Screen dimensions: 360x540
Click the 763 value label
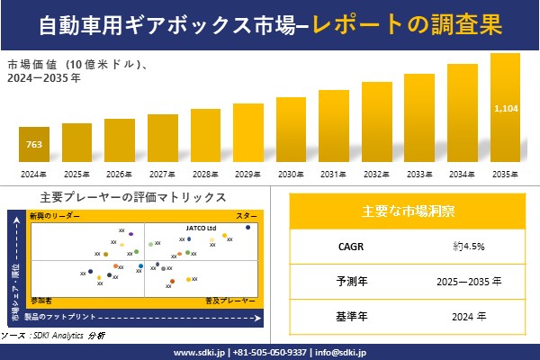point(33,143)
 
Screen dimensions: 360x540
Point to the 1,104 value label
point(505,109)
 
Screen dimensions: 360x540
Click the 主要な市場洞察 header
point(408,211)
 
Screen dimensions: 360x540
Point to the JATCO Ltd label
point(202,228)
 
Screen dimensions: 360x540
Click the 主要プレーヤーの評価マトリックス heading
point(133,197)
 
